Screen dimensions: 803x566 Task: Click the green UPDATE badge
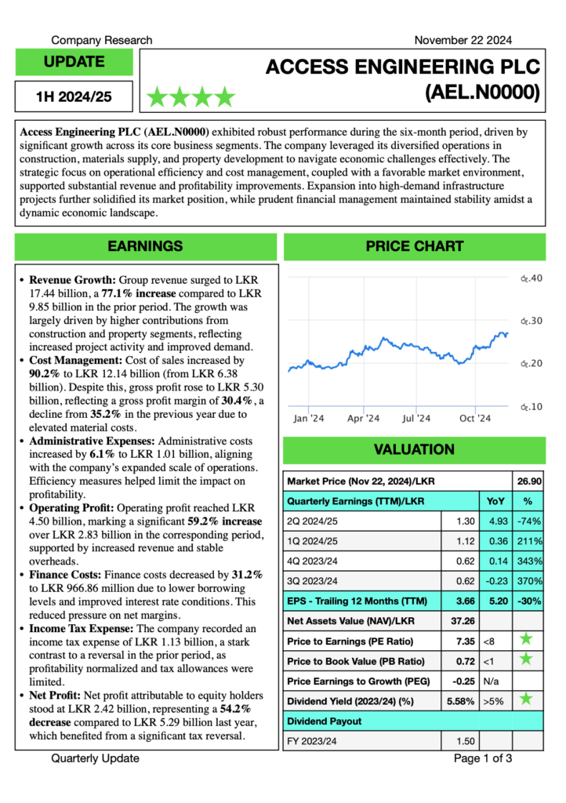[x=74, y=62]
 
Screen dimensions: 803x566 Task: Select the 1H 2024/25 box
[x=74, y=97]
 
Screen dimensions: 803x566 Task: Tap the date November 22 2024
[x=463, y=40]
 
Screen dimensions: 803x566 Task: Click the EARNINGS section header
[x=145, y=246]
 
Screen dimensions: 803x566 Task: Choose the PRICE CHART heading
[x=414, y=246]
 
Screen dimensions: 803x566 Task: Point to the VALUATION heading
[x=414, y=449]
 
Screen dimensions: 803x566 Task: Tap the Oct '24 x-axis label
[x=474, y=419]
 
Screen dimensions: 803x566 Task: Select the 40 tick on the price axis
[x=532, y=278]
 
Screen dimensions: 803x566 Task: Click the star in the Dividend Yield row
[x=527, y=699]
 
